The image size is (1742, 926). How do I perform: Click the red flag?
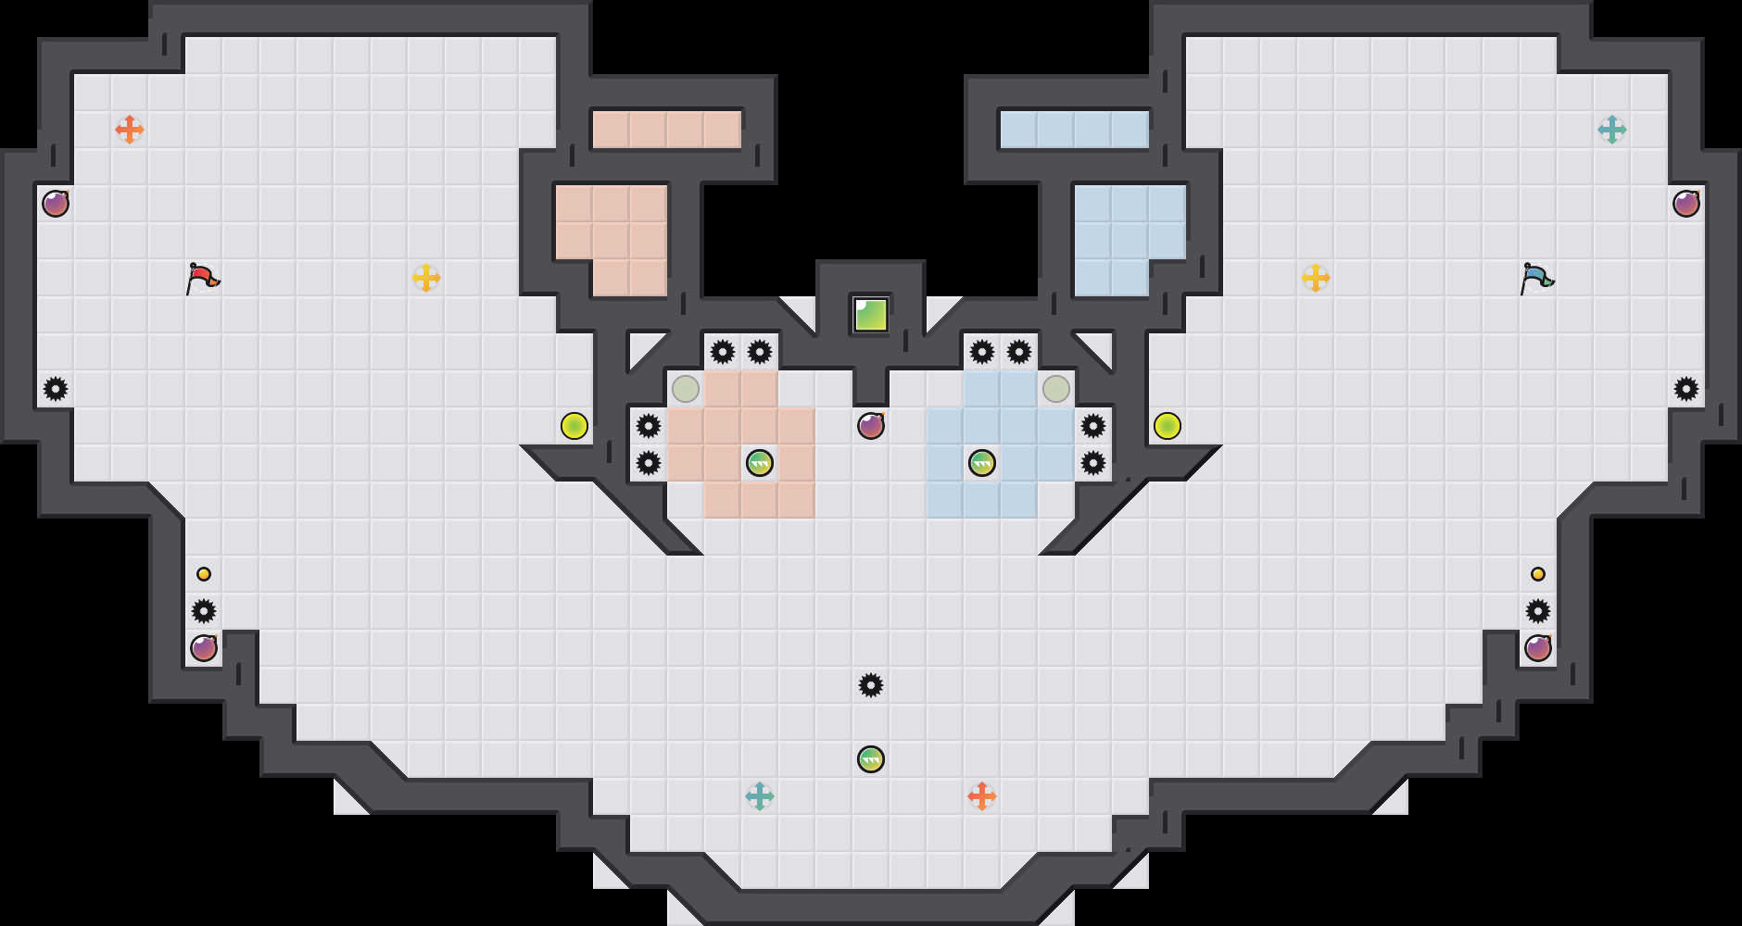pos(203,277)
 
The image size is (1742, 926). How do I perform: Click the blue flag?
pos(1537,277)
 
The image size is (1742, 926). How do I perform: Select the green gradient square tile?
pos(871,315)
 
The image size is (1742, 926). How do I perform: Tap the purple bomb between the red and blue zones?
pos(871,426)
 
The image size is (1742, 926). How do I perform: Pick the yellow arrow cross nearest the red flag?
pos(426,277)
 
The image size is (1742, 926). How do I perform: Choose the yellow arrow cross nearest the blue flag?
pos(1316,277)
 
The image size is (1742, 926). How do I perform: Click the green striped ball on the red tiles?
pos(760,463)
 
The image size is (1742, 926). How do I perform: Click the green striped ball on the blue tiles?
pos(982,463)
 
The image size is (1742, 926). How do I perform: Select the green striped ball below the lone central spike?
pos(871,759)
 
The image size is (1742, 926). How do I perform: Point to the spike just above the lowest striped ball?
pos(871,685)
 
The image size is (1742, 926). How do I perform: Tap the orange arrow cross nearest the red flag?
pos(130,129)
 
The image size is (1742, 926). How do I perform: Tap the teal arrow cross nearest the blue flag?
pos(1612,129)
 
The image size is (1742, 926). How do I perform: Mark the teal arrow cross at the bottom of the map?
pos(760,795)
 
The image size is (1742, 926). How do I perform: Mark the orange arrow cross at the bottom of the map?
pos(982,795)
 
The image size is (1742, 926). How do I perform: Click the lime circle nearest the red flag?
pos(574,426)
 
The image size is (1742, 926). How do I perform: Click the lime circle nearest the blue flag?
pos(1168,426)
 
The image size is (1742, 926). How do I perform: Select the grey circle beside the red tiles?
pos(686,389)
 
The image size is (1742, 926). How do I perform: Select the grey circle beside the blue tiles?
pos(1056,389)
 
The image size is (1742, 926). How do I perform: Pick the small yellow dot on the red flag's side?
pos(204,574)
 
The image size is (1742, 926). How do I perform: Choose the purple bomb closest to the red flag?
pos(56,204)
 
